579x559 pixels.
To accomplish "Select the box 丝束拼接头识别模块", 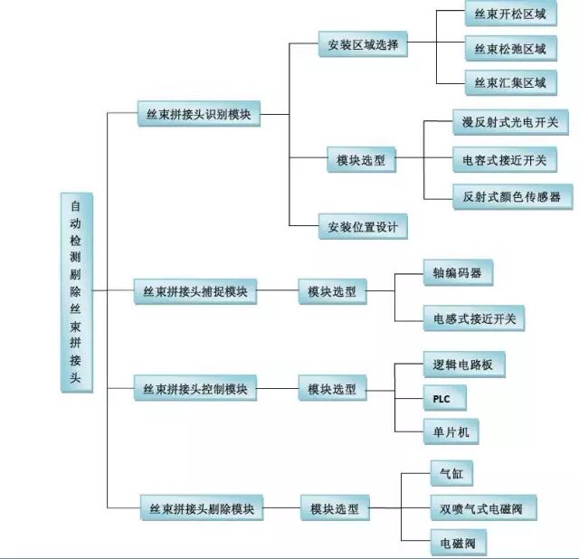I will click(x=198, y=116).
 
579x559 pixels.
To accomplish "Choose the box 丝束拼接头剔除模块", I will click(x=202, y=509).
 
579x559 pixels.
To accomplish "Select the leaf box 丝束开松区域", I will click(x=510, y=15).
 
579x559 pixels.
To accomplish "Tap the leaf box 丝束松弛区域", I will click(x=510, y=49).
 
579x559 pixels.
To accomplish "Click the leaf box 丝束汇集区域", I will click(x=510, y=83).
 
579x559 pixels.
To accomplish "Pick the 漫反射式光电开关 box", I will click(x=510, y=121).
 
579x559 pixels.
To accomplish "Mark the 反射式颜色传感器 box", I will click(x=512, y=196).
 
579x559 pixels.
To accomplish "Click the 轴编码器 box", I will click(x=458, y=272).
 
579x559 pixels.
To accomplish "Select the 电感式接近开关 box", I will click(x=474, y=317).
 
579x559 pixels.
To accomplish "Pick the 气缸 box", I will click(x=451, y=473).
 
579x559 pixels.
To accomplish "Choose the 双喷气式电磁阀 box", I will click(x=483, y=509).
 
